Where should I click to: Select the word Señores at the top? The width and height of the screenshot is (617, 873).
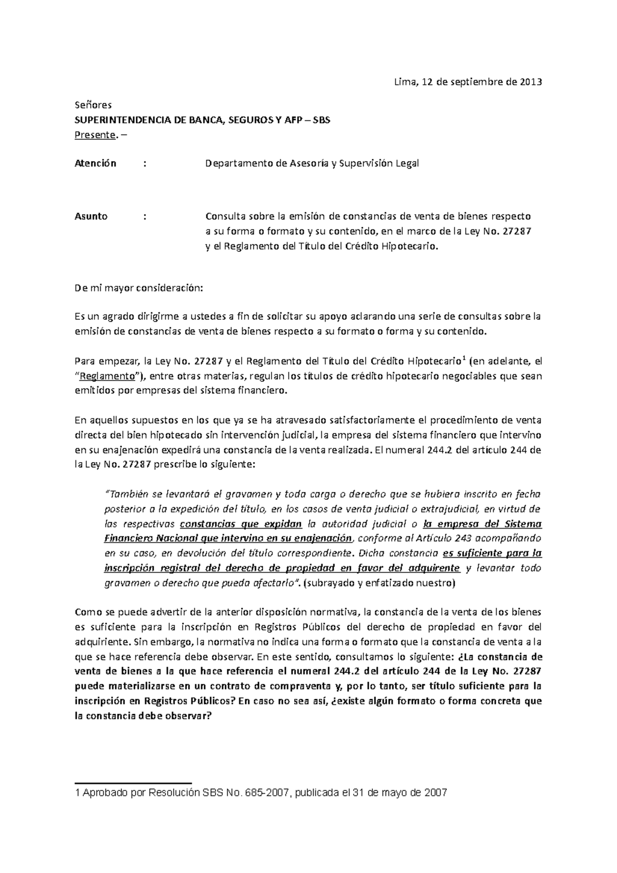(90, 105)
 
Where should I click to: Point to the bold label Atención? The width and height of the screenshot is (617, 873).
(96, 163)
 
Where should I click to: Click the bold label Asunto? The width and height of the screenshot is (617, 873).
(91, 216)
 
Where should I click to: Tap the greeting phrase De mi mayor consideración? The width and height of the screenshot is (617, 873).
(139, 288)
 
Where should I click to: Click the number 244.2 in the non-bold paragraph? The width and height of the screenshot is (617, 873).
(440, 450)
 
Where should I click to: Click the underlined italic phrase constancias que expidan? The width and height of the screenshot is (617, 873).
(241, 524)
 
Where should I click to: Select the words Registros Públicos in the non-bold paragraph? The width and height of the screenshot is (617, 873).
(291, 627)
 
